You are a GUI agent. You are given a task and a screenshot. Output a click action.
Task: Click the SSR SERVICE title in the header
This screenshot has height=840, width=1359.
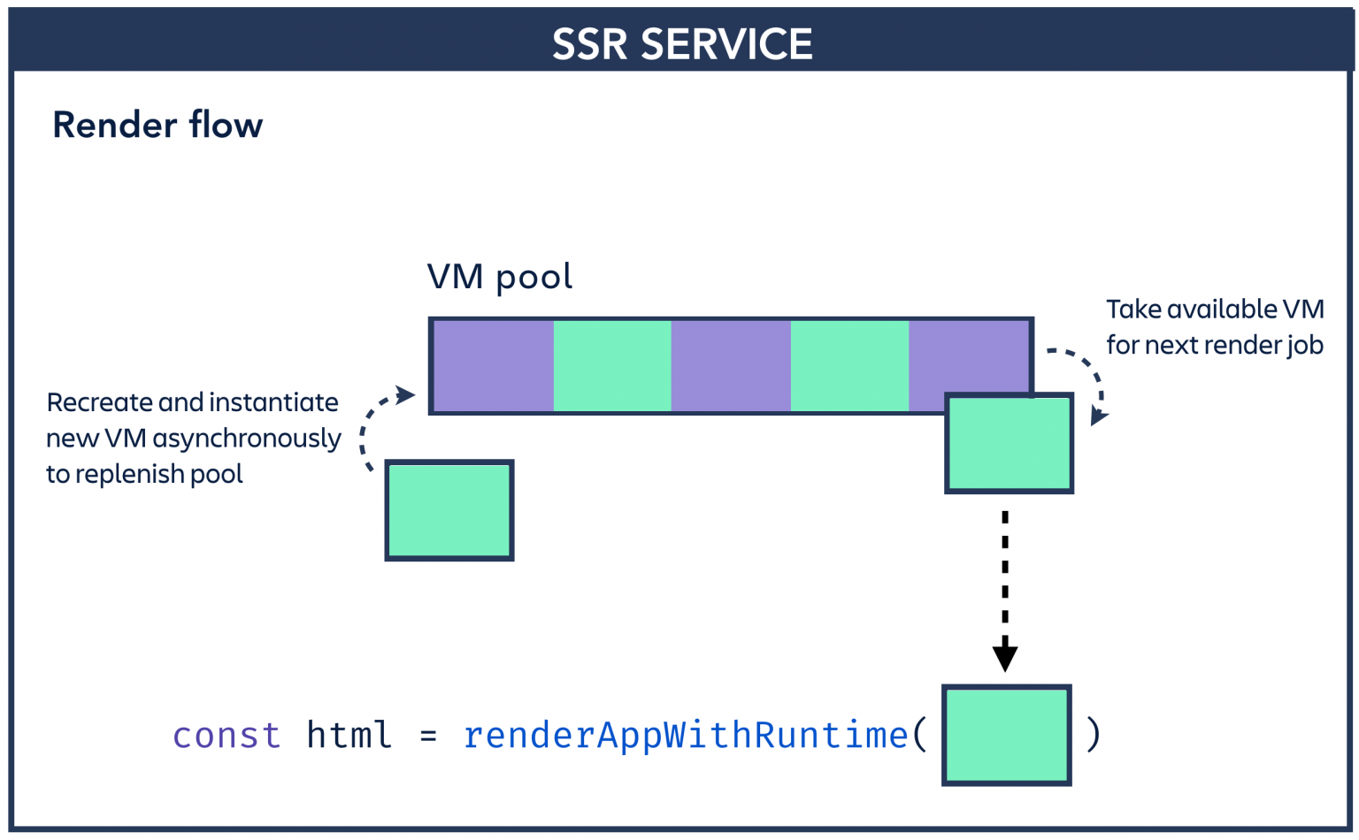(681, 44)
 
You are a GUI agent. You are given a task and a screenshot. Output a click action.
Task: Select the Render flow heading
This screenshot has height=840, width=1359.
(157, 126)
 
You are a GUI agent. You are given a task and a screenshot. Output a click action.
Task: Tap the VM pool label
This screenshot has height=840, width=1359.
(499, 277)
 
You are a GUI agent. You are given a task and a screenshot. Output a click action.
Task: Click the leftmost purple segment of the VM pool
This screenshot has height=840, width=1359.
(494, 366)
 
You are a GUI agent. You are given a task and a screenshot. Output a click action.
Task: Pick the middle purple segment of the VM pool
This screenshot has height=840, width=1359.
(731, 366)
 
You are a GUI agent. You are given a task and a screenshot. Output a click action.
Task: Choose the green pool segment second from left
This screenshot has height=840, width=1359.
(612, 366)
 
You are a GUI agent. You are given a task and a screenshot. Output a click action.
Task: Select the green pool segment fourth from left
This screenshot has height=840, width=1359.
(849, 366)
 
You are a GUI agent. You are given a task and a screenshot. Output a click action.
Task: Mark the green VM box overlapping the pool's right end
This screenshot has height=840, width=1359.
(1009, 444)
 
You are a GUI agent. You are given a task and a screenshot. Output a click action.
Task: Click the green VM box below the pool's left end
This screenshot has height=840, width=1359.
(449, 510)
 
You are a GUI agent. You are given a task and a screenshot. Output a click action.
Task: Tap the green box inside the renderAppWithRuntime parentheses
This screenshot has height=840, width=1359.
(1007, 735)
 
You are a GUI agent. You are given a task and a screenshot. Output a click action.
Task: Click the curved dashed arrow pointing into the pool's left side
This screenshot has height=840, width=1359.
(376, 424)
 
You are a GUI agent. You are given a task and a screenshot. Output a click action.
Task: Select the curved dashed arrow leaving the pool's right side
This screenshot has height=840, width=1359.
(1086, 376)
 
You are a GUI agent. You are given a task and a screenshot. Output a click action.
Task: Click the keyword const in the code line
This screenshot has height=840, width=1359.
(226, 736)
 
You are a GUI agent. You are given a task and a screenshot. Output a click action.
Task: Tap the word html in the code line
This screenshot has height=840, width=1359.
(349, 736)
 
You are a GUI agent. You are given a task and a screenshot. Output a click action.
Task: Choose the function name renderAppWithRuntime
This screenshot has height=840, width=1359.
(686, 736)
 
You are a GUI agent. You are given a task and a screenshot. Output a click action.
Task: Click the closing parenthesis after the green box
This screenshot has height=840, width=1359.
(1094, 735)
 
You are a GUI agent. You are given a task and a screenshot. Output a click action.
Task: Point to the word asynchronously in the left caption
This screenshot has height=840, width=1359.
(247, 439)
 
